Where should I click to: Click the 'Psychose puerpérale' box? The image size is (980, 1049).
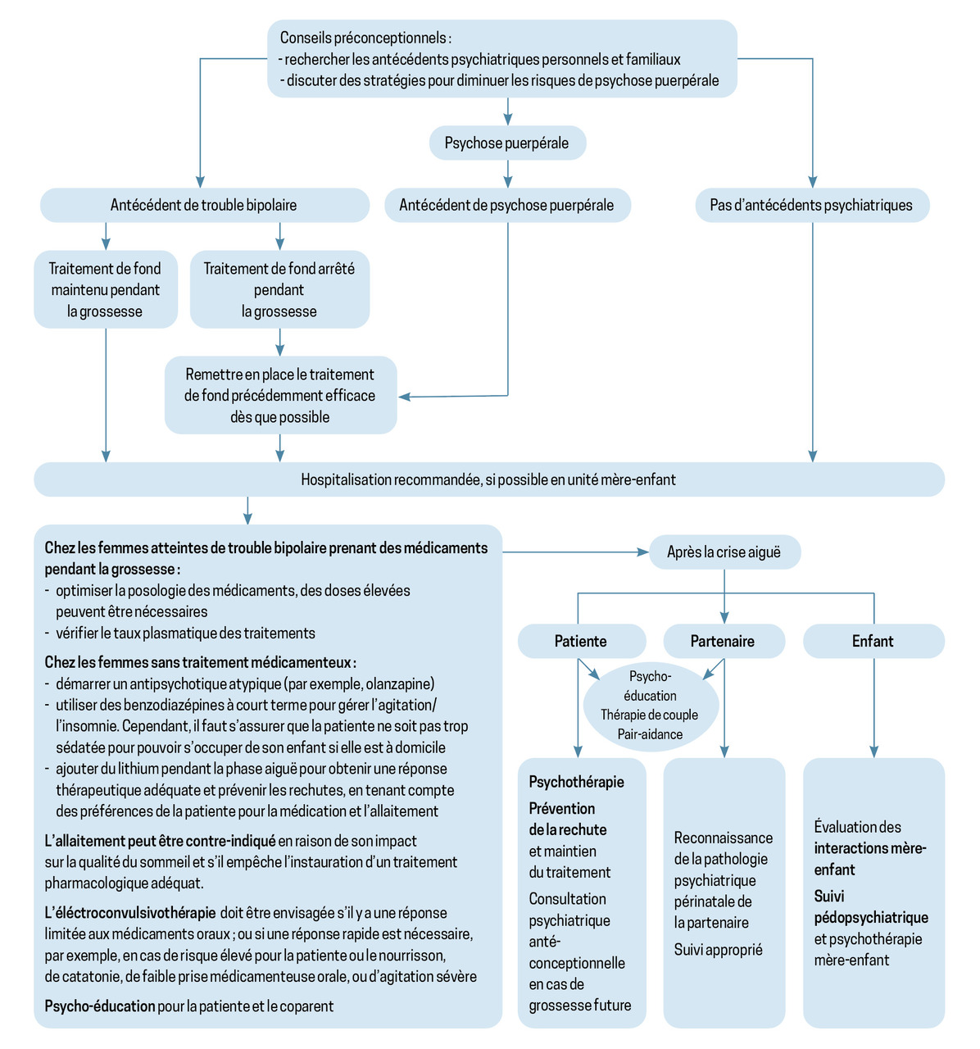point(507,143)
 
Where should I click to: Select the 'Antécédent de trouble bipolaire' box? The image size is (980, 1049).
point(204,205)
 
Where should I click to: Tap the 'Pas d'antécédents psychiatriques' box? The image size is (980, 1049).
point(811,205)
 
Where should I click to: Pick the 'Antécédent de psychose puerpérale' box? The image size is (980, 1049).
point(506,205)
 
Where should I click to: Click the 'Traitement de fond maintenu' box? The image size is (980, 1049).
point(105,289)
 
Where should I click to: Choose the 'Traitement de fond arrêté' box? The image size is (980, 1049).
point(279,289)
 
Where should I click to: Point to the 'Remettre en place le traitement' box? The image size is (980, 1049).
point(280,395)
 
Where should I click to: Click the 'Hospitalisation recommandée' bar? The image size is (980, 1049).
point(488,479)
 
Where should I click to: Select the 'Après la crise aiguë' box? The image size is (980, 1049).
point(724,552)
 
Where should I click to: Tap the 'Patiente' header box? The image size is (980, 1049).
point(581,641)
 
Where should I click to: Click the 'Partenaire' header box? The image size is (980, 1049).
point(723,641)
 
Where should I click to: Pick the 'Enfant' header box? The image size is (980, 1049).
point(873,641)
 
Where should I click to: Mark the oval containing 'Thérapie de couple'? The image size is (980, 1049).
point(650,706)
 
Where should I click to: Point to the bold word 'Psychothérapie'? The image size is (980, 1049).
point(577,782)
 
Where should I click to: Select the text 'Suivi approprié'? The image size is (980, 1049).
point(719,949)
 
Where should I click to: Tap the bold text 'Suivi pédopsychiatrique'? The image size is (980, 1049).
point(871,907)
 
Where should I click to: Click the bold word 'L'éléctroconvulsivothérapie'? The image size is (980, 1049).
point(130,912)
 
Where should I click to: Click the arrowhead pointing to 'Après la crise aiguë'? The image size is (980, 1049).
point(643,552)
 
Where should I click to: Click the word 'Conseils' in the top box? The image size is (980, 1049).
point(306,38)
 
